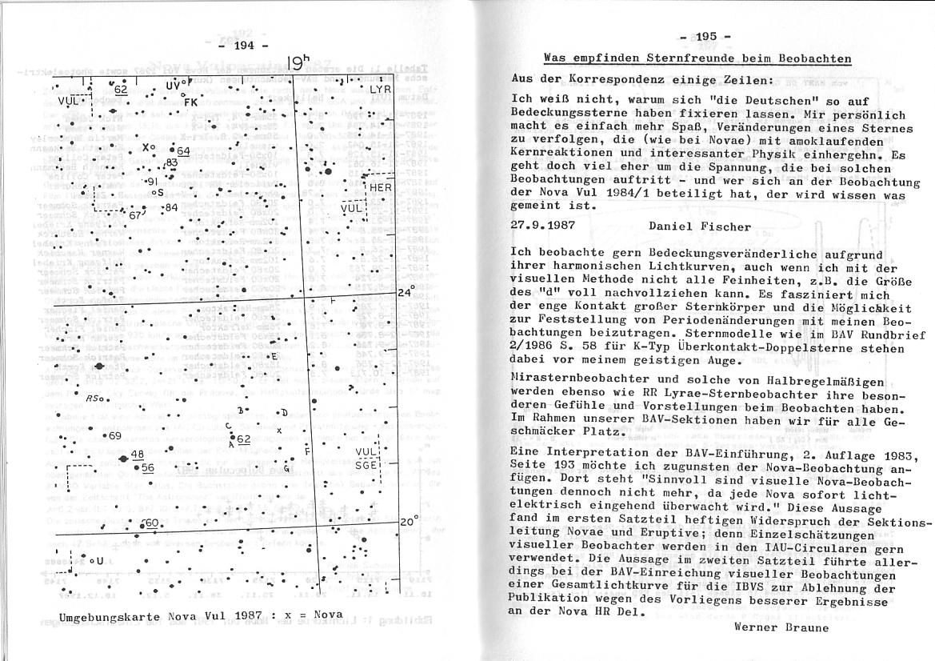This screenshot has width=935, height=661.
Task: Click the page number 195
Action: pos(706,37)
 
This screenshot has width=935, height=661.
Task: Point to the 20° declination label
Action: pos(409,521)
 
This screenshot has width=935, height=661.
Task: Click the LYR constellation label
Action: pos(379,90)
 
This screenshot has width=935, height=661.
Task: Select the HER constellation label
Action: pos(381,186)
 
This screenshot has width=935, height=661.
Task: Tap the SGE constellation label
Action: pos(367,464)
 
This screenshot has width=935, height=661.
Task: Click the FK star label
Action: pos(190,102)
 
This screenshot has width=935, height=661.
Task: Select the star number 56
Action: pos(147,468)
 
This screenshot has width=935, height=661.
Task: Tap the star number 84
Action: pos(170,208)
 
